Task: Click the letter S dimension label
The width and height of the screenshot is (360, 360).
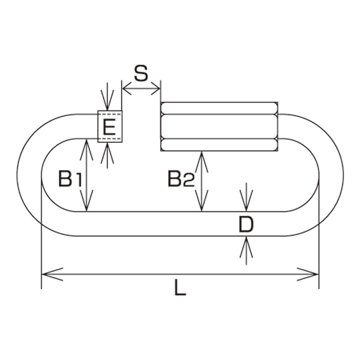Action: [141, 73]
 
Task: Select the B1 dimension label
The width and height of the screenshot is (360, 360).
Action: [70, 178]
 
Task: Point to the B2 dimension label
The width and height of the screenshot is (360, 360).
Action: [181, 178]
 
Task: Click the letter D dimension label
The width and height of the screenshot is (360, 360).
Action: [246, 224]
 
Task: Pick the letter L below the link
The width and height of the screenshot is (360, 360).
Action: [180, 287]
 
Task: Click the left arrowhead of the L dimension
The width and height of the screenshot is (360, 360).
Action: [52, 274]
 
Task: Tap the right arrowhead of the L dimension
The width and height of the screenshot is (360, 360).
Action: [308, 274]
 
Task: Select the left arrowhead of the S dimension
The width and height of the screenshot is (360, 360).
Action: [127, 88]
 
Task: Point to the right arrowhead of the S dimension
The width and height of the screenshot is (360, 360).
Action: [156, 88]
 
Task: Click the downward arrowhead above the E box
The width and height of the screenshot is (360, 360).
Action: [107, 100]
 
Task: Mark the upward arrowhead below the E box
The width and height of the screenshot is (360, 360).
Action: [107, 153]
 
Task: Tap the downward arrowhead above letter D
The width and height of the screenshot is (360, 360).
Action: [246, 200]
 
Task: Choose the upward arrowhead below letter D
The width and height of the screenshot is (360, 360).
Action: [246, 247]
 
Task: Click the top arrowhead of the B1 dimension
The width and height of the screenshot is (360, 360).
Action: [86, 150]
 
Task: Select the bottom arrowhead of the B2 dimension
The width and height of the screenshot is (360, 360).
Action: [202, 201]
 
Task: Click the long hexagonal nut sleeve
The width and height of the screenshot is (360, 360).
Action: [219, 127]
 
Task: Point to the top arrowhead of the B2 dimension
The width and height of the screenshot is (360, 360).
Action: [202, 162]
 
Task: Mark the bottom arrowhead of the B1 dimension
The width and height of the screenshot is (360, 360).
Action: [86, 201]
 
